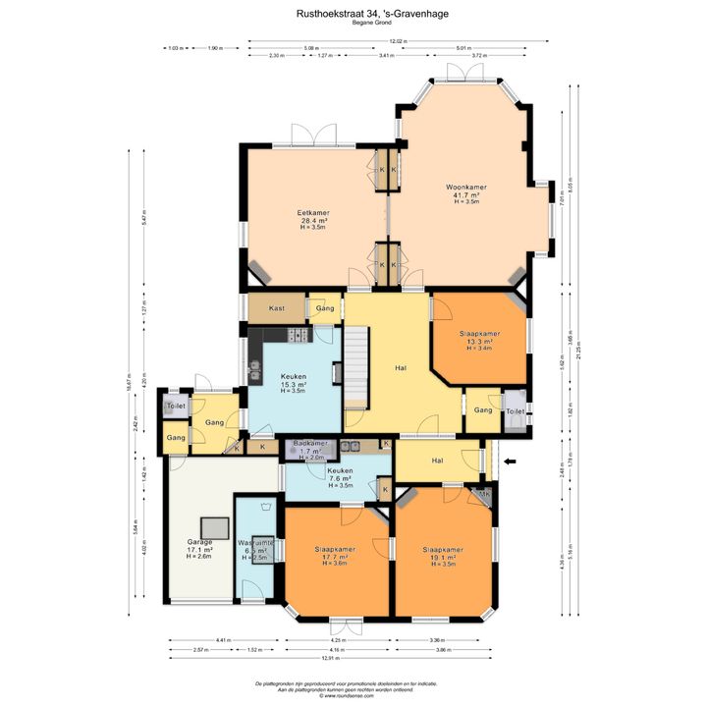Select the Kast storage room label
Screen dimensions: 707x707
tap(277, 308)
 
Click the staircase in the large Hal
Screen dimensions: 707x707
tap(354, 368)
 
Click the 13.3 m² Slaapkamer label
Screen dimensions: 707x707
tap(479, 335)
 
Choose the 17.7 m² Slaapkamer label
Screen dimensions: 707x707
tap(335, 549)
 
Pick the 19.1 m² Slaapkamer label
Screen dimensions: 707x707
tap(443, 550)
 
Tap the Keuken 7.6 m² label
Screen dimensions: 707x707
tap(340, 471)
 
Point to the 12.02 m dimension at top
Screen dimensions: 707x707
tap(397, 41)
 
